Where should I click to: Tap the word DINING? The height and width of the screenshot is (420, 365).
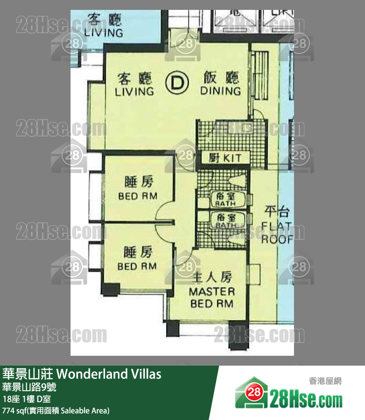click(x=220, y=91)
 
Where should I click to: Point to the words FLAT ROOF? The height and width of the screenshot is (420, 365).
click(x=277, y=234)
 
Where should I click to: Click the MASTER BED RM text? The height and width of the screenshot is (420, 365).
click(x=212, y=297)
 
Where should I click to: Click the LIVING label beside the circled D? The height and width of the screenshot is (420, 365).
click(x=134, y=92)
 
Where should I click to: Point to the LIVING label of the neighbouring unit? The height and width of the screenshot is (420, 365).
click(x=104, y=33)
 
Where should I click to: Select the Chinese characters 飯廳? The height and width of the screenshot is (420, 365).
click(x=221, y=78)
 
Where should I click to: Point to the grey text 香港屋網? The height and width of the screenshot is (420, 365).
click(x=325, y=380)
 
